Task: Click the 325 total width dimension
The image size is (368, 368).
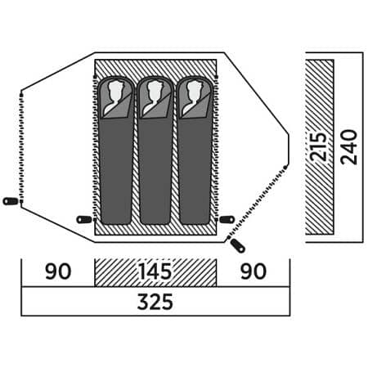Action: pyautogui.click(x=155, y=302)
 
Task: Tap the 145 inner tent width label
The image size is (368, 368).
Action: pyautogui.click(x=155, y=272)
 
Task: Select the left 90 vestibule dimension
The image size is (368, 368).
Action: pyautogui.click(x=58, y=272)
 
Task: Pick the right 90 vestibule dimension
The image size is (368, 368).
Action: pyautogui.click(x=254, y=272)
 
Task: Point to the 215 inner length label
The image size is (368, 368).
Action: pyautogui.click(x=319, y=146)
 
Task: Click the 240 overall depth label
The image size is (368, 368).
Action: pyautogui.click(x=349, y=147)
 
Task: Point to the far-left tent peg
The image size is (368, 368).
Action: pyautogui.click(x=11, y=201)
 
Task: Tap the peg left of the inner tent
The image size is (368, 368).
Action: pyautogui.click(x=84, y=219)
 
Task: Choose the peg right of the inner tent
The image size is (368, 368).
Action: pyautogui.click(x=227, y=219)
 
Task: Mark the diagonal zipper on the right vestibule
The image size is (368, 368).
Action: pyautogui.click(x=257, y=203)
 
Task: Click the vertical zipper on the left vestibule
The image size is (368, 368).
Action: pyautogui.click(x=21, y=148)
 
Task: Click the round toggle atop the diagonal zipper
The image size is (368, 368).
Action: pyautogui.click(x=285, y=167)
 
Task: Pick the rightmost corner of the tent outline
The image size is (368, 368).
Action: pyautogui.click(x=289, y=133)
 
